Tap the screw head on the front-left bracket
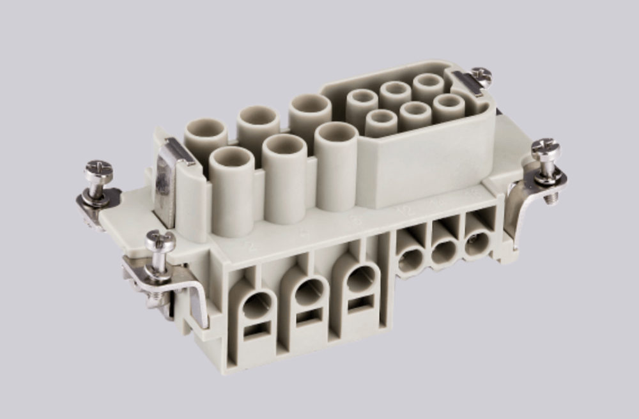(160, 240)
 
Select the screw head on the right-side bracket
(545, 149)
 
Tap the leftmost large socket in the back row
(206, 132)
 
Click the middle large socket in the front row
(284, 146)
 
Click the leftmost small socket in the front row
(381, 119)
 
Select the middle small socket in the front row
(415, 110)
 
